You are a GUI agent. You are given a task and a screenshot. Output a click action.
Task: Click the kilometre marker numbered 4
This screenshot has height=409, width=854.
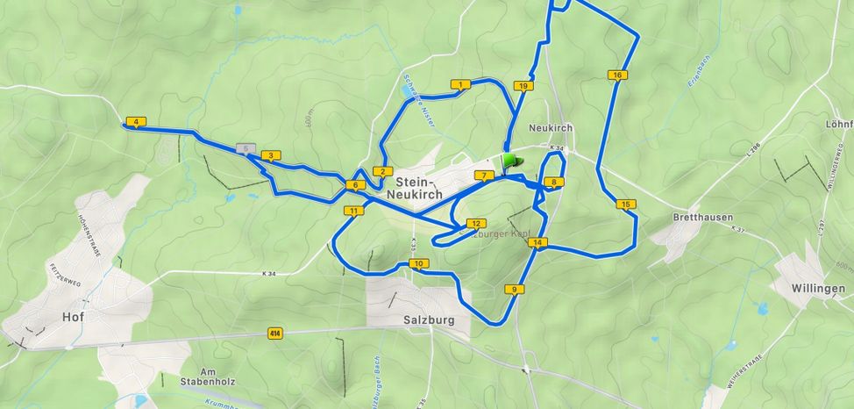pyautogui.click(x=136, y=122)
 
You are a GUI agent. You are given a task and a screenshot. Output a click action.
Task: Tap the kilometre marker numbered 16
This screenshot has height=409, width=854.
pyautogui.click(x=618, y=75)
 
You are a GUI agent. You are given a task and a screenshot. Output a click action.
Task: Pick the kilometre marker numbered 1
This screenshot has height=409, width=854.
pyautogui.click(x=460, y=85)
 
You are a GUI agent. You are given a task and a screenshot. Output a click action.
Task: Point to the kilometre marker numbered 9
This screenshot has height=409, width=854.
pyautogui.click(x=514, y=289)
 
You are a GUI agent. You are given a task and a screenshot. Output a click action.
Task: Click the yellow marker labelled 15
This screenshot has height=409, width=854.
pyautogui.click(x=625, y=204)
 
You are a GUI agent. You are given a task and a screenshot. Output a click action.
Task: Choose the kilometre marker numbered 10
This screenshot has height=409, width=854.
pyautogui.click(x=418, y=263)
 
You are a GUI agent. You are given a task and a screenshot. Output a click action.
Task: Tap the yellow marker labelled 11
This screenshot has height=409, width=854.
pyautogui.click(x=353, y=211)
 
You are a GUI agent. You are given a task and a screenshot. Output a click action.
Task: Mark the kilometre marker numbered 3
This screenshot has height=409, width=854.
pyautogui.click(x=271, y=156)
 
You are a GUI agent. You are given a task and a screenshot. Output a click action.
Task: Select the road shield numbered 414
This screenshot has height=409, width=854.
pyautogui.click(x=275, y=333)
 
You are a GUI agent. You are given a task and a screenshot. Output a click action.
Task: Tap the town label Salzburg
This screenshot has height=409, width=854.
pyautogui.click(x=429, y=320)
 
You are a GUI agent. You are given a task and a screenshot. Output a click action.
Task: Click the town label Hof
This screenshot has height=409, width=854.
pyautogui.click(x=73, y=317)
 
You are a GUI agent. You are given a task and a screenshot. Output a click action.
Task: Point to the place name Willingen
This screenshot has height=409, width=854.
pyautogui.click(x=815, y=288)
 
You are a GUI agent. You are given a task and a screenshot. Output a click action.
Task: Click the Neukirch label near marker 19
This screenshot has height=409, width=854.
pyautogui.click(x=551, y=127)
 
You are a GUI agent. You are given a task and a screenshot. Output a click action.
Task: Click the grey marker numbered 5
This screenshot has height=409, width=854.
pyautogui.click(x=246, y=148)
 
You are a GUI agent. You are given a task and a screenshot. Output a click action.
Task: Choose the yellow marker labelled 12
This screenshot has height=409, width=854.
pyautogui.click(x=476, y=224)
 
